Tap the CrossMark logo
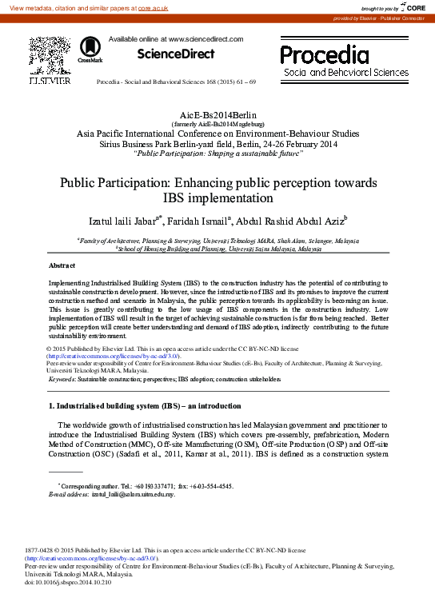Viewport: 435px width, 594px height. pos(85,50)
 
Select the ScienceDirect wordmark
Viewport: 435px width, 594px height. pos(176,54)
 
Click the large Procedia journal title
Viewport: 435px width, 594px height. pos(324,55)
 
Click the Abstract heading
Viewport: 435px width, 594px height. pos(62,265)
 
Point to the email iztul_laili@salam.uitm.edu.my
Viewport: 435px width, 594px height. pos(133,495)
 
